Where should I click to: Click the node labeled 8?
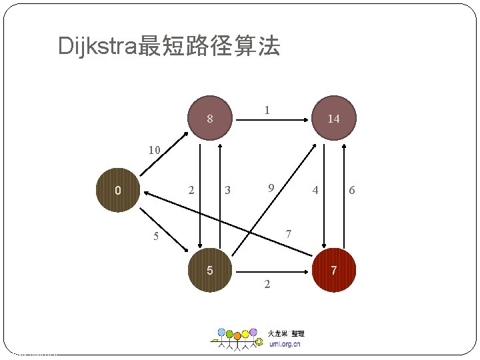click(209, 119)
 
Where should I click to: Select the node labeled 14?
click(333, 119)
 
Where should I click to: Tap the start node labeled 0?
click(117, 191)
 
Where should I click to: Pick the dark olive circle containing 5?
click(209, 271)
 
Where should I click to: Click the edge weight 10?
click(154, 151)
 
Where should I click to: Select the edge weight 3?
click(228, 191)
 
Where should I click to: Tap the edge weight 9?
click(271, 189)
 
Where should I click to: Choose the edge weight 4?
click(315, 191)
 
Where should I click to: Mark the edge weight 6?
click(352, 191)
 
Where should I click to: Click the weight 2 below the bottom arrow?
click(267, 285)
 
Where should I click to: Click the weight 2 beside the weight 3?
click(191, 190)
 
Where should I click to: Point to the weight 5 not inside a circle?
click(155, 236)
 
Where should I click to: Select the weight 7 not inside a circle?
click(288, 234)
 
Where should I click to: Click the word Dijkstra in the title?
click(97, 47)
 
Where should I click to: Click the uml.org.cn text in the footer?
click(285, 344)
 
